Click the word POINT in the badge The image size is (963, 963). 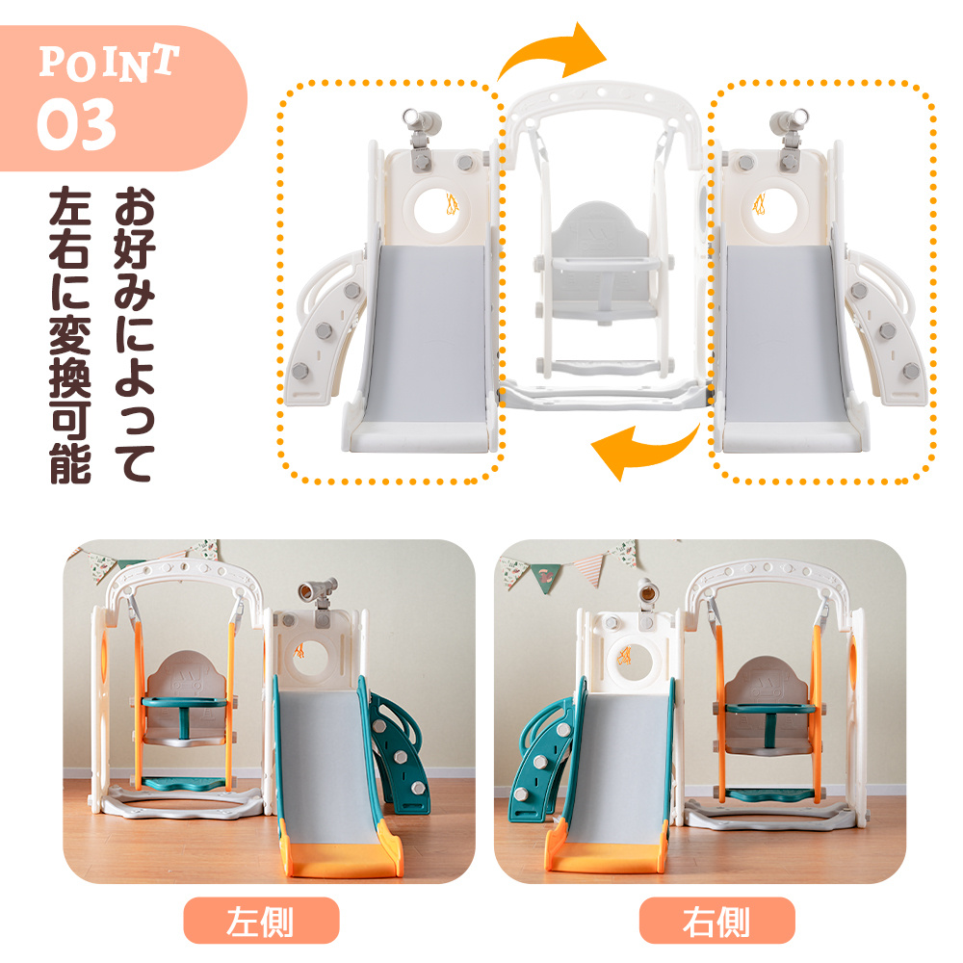109,63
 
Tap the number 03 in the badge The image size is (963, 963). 76,124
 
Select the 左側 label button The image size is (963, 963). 261,920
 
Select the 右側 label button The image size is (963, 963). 716,920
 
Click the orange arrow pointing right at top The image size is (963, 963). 553,49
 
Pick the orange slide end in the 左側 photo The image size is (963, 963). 341,857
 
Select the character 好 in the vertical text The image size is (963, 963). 135,249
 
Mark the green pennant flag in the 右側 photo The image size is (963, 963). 546,577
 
